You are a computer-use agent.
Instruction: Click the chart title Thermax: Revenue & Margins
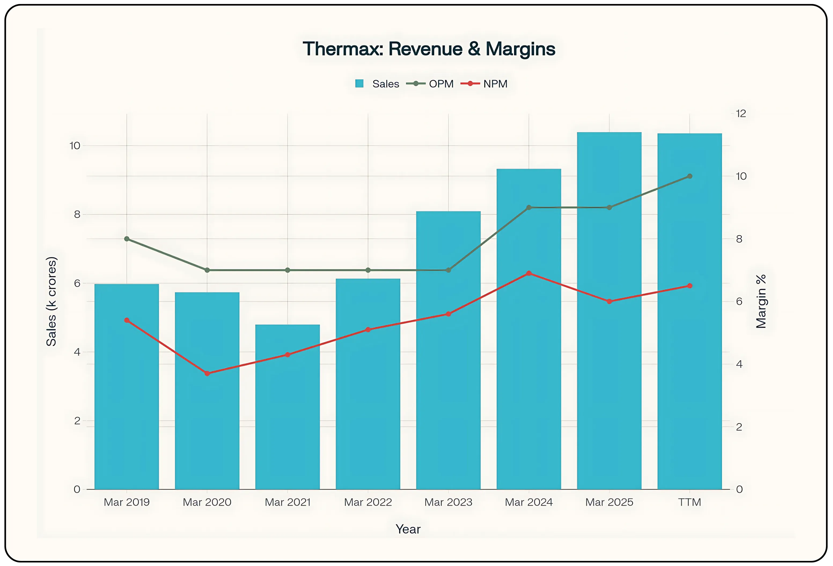point(429,49)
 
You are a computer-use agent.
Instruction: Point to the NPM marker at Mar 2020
point(207,373)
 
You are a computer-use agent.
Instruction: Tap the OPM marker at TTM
point(689,176)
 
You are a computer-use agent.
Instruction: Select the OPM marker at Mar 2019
point(127,239)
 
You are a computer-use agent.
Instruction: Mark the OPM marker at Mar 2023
point(448,270)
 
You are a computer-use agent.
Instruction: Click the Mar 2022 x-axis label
point(368,502)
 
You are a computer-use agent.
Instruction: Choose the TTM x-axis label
point(689,502)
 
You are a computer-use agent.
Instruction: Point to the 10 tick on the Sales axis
point(75,146)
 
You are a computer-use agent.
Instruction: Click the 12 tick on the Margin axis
point(740,113)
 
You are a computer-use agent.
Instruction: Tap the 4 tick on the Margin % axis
point(739,364)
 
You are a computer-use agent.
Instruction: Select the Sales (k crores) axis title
point(51,301)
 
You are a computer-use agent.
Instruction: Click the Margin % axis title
point(761,301)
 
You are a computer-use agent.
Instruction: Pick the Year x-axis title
point(408,529)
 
